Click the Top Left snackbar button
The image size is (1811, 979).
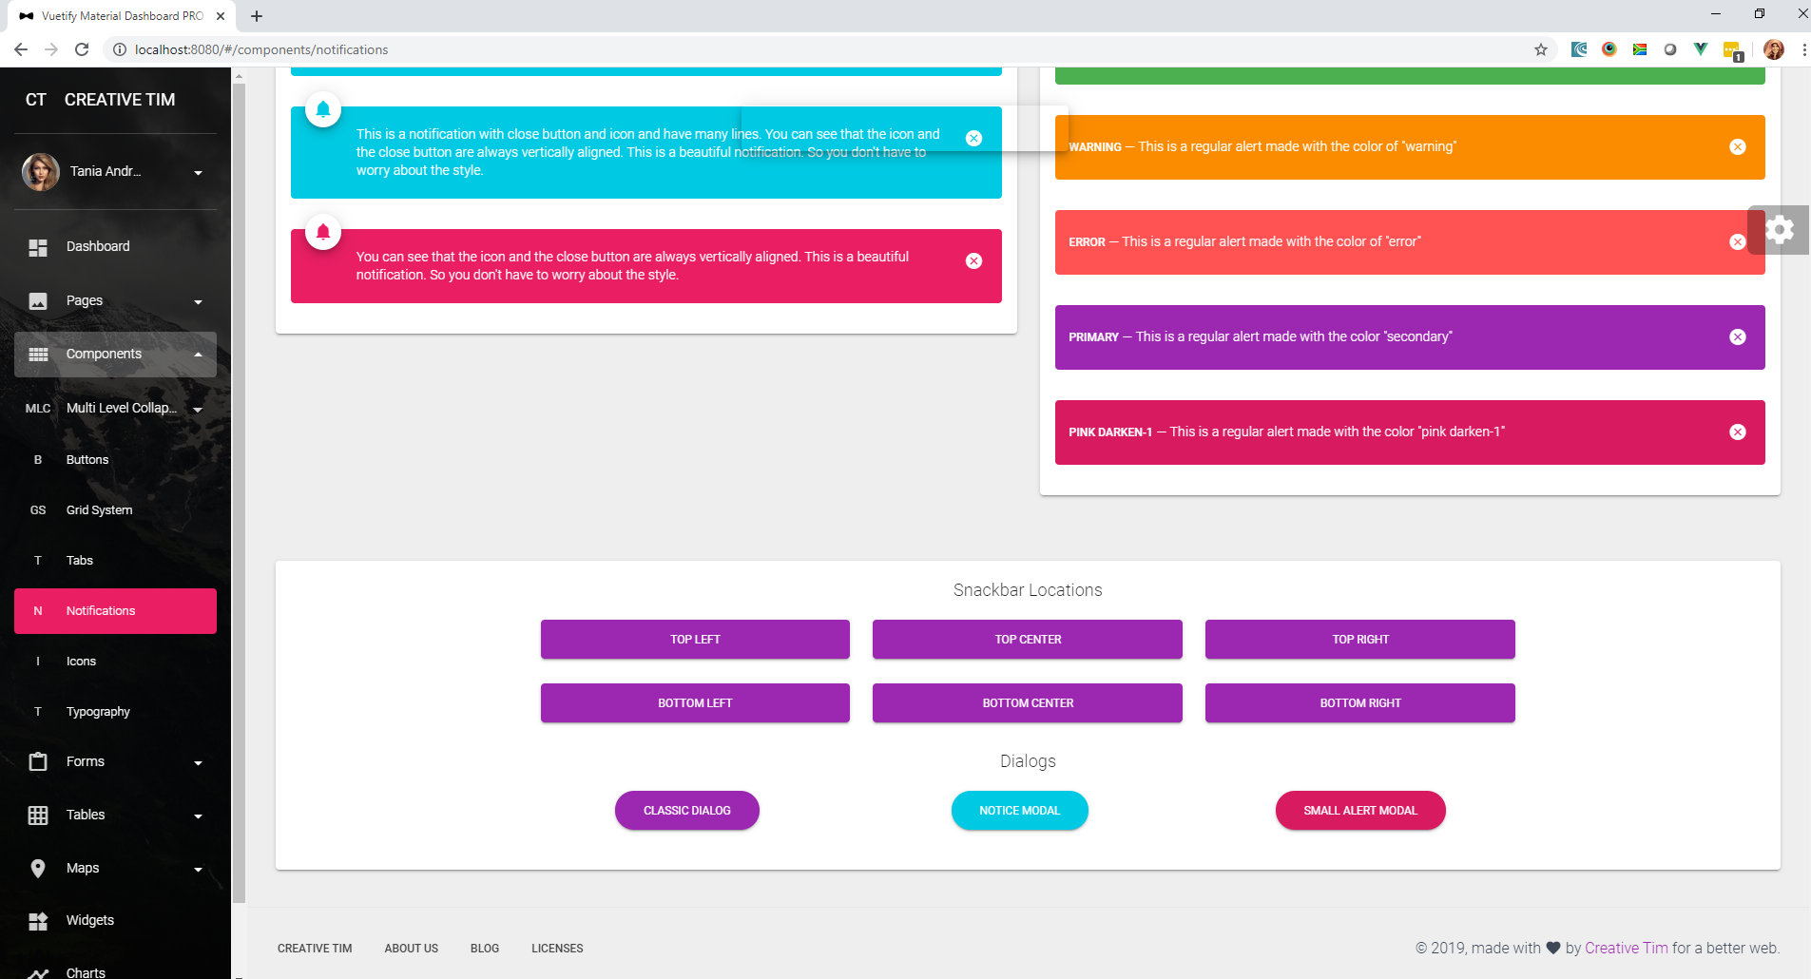695,639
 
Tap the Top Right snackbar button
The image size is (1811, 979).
1359,639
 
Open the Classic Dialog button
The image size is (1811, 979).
687,811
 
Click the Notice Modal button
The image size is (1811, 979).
1020,811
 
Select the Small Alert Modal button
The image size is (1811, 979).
1360,811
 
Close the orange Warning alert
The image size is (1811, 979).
1738,146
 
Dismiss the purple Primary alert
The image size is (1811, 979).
1738,336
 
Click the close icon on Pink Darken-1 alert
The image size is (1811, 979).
1738,432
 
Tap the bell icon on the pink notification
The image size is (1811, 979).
323,231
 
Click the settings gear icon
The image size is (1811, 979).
1780,230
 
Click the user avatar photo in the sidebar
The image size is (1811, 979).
41,172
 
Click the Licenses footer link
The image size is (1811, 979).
557,949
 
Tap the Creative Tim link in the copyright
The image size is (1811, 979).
1627,948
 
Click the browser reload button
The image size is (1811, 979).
82,49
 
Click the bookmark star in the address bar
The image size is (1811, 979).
1541,49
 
